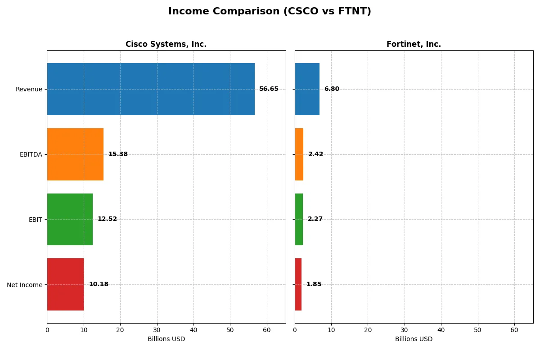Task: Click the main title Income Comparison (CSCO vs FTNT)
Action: click(270, 11)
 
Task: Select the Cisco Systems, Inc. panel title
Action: click(166, 44)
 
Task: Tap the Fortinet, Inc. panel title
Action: click(414, 44)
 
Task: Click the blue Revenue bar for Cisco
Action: click(151, 89)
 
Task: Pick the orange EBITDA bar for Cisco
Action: click(75, 154)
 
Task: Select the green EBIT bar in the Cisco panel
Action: click(70, 219)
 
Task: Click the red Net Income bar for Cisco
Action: click(65, 284)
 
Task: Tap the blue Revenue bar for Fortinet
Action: click(307, 89)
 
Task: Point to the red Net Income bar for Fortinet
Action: click(298, 284)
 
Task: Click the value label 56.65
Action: click(269, 89)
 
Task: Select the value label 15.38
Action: click(118, 154)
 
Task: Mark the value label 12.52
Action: click(107, 219)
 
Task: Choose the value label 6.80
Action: click(332, 89)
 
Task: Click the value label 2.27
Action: click(315, 219)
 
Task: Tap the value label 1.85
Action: click(314, 284)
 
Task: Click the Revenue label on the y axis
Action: click(29, 89)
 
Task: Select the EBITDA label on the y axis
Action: click(31, 154)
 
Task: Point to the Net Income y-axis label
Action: click(25, 285)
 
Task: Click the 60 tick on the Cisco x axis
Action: click(267, 330)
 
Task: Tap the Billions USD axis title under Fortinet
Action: click(414, 339)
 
